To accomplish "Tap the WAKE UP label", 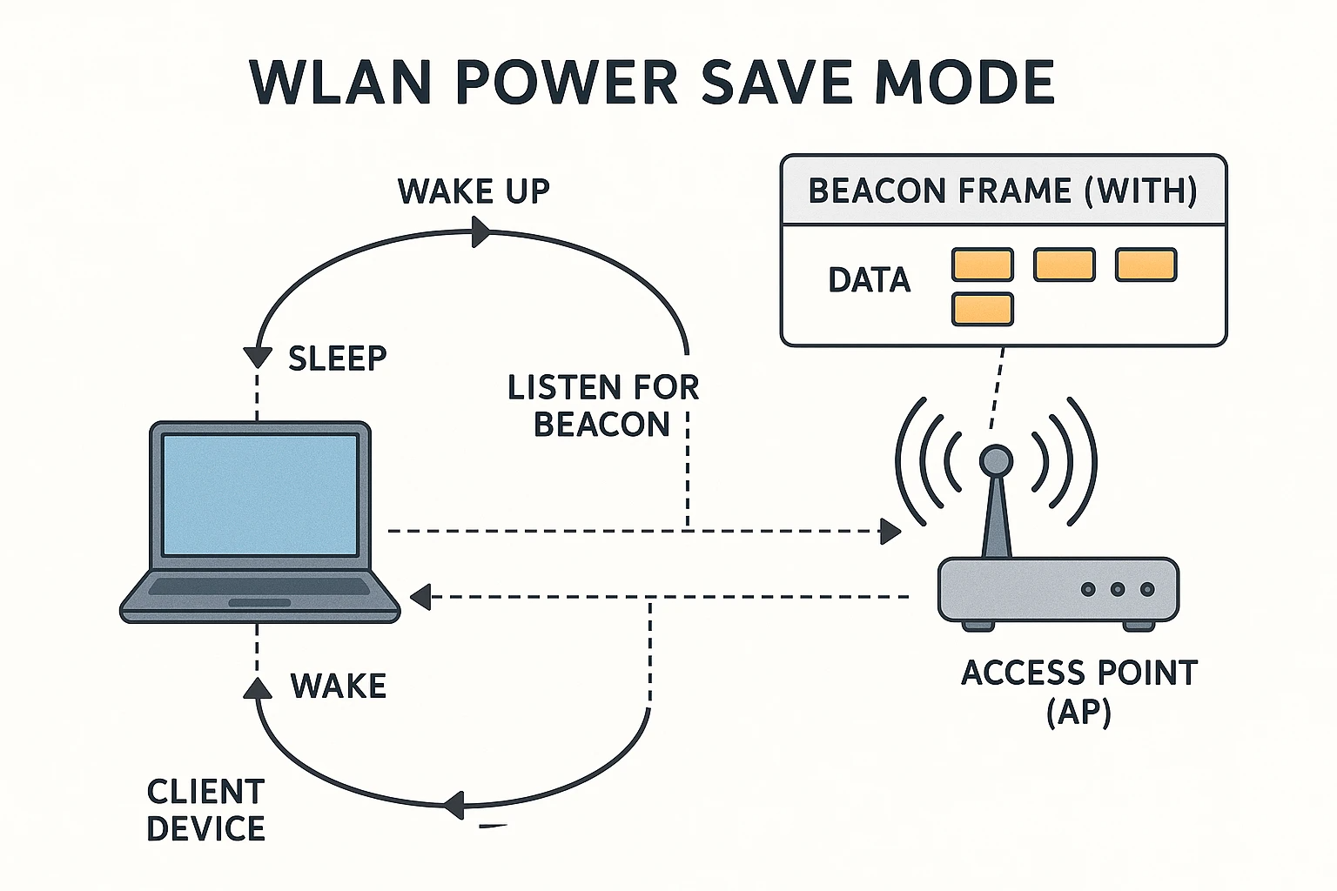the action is [x=474, y=191].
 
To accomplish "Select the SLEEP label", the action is [x=337, y=358].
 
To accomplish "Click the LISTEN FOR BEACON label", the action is [x=603, y=405].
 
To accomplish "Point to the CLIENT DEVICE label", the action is [x=206, y=810].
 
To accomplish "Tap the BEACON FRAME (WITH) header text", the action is [x=1003, y=191].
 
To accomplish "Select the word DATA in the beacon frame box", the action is [x=869, y=280].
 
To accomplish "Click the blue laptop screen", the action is [x=260, y=495].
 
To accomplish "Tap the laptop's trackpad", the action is [x=259, y=602].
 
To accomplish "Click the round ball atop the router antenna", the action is [x=996, y=461].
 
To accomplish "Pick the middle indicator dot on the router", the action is [x=1118, y=590].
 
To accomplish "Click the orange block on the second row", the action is [x=983, y=309].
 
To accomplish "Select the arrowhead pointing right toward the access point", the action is [x=890, y=531].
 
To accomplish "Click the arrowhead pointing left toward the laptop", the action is [x=420, y=596].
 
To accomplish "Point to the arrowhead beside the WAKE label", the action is [x=258, y=687].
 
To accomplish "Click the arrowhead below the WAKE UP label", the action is [x=481, y=231].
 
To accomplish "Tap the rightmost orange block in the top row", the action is [x=1146, y=265].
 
